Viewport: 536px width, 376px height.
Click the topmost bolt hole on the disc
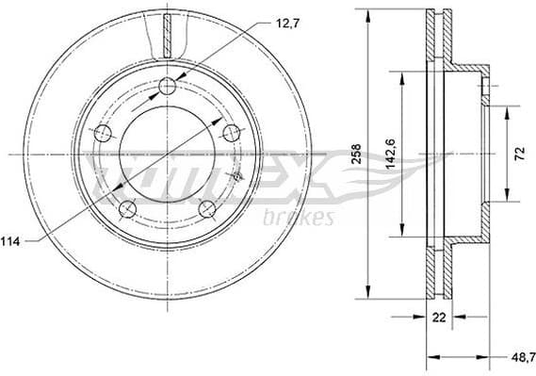pyautogui.click(x=168, y=87)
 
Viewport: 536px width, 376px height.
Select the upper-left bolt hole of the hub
pyautogui.click(x=103, y=133)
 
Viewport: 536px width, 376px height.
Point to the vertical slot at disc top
pyautogui.click(x=168, y=36)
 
